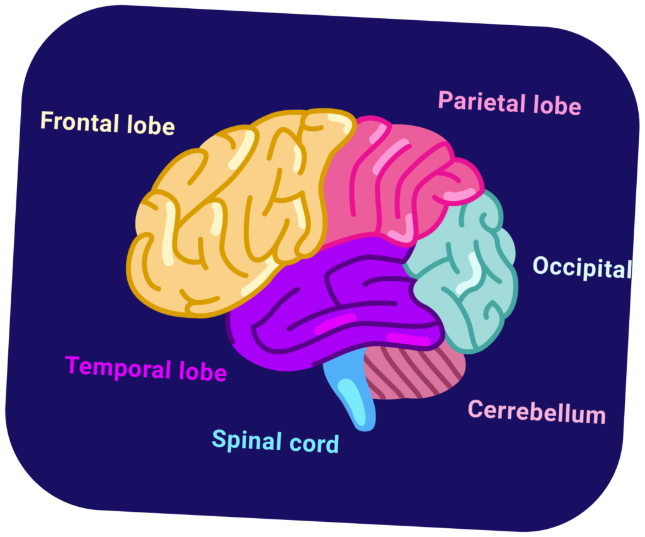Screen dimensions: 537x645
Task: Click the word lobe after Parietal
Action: (x=557, y=105)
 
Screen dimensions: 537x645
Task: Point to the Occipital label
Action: (x=581, y=268)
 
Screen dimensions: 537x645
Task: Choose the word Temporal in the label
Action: (x=118, y=368)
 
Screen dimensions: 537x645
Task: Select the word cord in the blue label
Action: (x=314, y=443)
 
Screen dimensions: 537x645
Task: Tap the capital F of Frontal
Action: (x=46, y=120)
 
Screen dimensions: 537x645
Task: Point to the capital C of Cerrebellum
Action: (x=474, y=409)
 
